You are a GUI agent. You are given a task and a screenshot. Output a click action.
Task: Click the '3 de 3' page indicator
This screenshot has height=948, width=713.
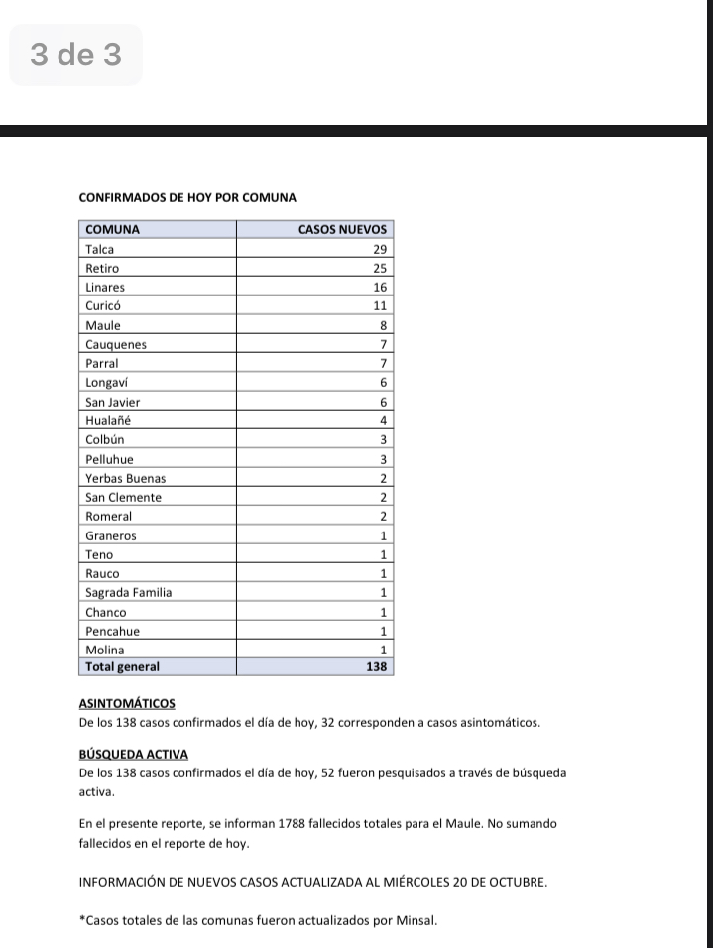point(75,55)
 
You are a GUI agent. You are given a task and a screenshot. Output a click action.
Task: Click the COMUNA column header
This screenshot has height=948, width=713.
point(113,230)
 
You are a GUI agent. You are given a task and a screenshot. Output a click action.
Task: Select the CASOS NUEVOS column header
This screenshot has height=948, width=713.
point(342,230)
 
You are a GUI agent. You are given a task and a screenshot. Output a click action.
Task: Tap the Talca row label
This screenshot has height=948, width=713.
point(100,249)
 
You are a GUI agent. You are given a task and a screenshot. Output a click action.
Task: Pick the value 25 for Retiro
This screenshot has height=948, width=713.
point(378,269)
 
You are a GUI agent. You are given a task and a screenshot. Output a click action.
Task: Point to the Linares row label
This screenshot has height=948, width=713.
point(105,288)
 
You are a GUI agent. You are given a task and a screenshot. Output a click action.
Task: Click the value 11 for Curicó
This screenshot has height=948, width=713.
point(379,306)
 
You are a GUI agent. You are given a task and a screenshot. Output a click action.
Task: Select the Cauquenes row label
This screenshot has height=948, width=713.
point(116,345)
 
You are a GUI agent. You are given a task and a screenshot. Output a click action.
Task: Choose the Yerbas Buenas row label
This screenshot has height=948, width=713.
point(126,479)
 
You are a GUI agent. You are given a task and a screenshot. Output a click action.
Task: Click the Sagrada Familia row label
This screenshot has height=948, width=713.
point(129,593)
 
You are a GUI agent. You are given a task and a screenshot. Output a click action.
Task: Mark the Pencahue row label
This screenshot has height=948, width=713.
point(113,631)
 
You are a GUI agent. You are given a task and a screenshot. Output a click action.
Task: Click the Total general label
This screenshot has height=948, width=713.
point(123,667)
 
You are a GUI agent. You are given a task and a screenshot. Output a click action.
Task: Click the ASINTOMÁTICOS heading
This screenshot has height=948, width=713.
point(127,704)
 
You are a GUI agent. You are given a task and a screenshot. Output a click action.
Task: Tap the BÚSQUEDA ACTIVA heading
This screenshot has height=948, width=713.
point(133,755)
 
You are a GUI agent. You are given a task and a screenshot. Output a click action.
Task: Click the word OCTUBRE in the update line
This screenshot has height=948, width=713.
point(516,881)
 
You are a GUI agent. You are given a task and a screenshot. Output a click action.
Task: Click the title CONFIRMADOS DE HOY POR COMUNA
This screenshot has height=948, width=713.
point(187,198)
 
